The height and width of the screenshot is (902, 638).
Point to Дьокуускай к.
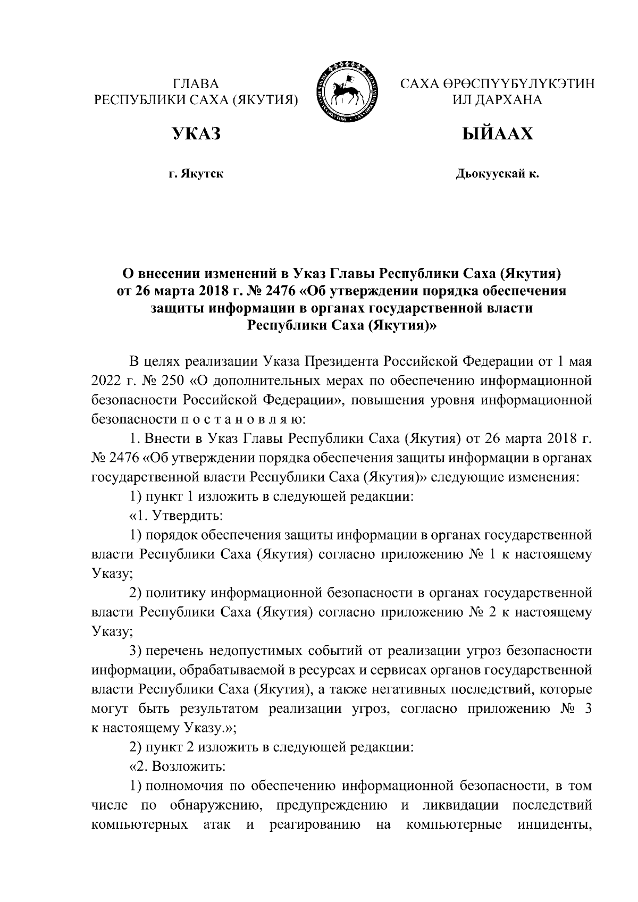pos(497,173)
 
